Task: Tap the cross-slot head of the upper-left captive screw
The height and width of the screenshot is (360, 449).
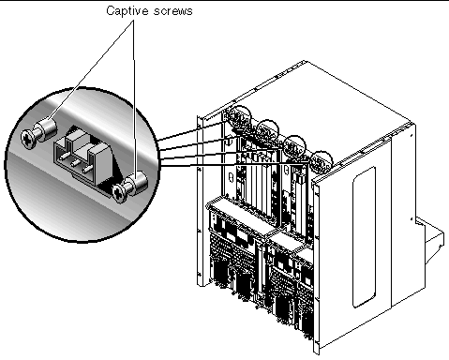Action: [28, 140]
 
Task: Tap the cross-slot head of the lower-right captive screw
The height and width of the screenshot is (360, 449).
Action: [119, 193]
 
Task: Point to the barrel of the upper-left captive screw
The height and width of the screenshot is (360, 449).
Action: [47, 128]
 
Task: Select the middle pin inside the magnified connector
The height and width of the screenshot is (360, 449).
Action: [75, 163]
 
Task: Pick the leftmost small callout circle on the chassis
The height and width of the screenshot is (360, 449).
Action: [239, 117]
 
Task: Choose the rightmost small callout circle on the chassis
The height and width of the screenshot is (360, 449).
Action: [322, 162]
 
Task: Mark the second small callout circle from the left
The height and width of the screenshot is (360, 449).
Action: [267, 131]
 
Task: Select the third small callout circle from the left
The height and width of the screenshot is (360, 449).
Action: [294, 146]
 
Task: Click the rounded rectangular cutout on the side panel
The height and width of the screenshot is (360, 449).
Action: [364, 237]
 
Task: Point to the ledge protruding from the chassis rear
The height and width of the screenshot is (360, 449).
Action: [429, 242]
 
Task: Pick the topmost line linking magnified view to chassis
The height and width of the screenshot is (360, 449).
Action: [190, 131]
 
